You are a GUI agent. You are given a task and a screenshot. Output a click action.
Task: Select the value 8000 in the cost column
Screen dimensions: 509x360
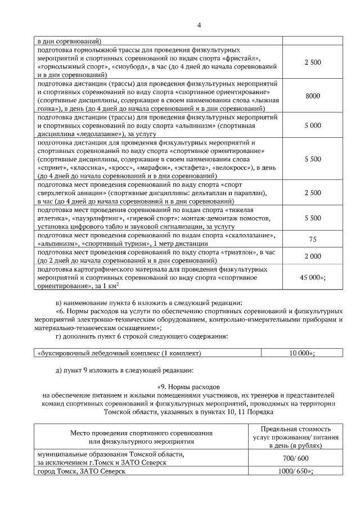coord(313,96)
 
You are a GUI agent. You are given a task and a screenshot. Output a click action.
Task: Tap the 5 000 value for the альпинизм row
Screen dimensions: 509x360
coord(313,126)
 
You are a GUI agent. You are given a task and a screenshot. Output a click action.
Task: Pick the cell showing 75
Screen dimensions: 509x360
coord(313,239)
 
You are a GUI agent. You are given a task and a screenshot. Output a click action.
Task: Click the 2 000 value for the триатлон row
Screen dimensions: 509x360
coord(313,256)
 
